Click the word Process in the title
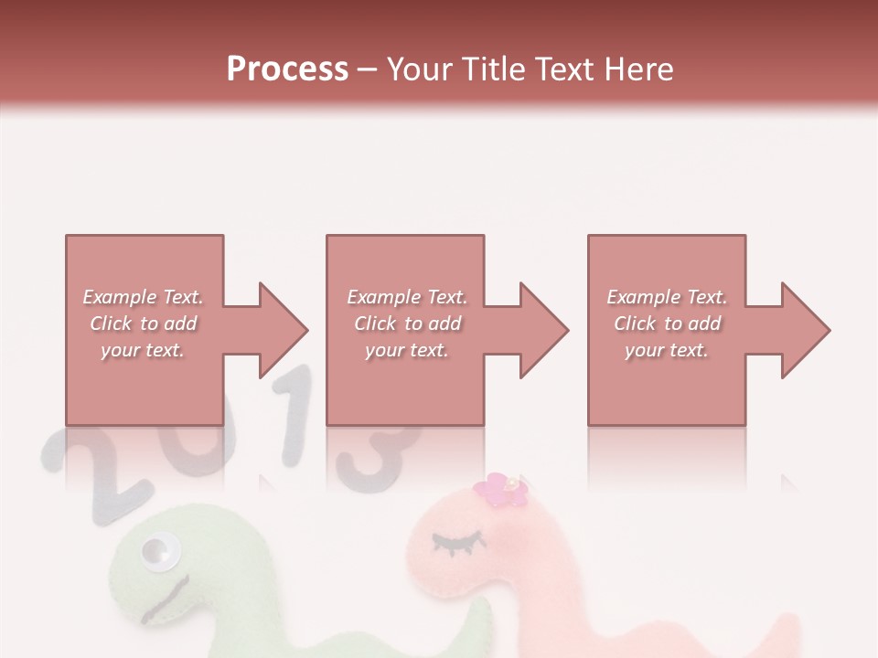pyautogui.click(x=287, y=69)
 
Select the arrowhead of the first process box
pyautogui.click(x=282, y=330)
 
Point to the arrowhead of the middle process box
pyautogui.click(x=543, y=330)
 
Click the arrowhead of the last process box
pyautogui.click(x=805, y=330)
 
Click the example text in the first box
pyautogui.click(x=143, y=324)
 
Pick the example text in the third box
pyautogui.click(x=667, y=324)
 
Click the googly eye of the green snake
pyautogui.click(x=158, y=551)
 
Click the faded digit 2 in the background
pyautogui.click(x=87, y=466)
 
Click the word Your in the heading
pyautogui.click(x=421, y=69)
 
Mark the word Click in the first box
pyautogui.click(x=111, y=324)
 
